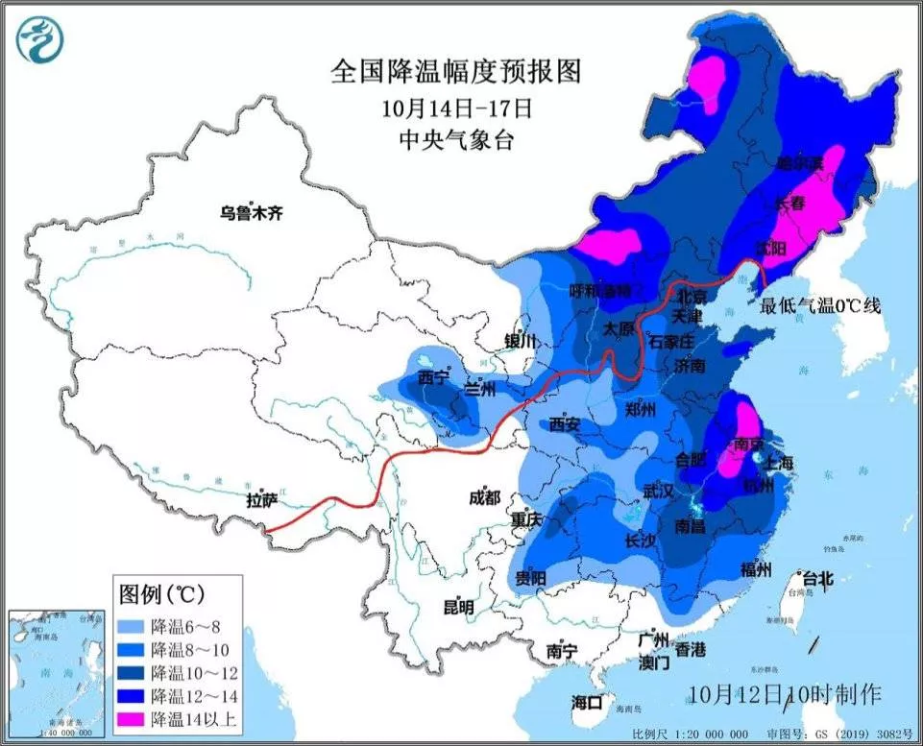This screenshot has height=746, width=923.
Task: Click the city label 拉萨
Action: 261,499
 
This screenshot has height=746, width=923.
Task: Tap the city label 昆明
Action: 458,607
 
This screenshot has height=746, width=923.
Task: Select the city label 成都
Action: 486,496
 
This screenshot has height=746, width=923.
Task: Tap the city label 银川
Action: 522,341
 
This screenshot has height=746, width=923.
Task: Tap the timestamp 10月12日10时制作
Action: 785,691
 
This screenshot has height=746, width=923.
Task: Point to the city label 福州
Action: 756,569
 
